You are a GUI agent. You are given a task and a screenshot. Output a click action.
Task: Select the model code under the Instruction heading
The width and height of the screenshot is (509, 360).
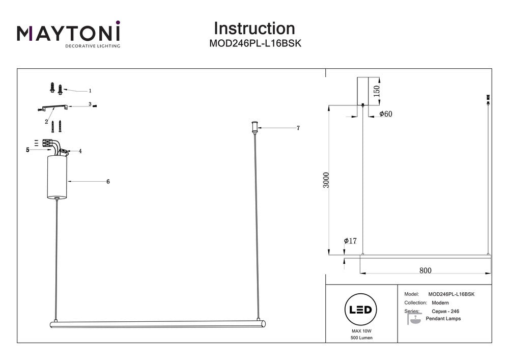click(256, 44)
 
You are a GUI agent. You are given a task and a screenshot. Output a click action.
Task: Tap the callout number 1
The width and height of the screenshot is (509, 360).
click(90, 91)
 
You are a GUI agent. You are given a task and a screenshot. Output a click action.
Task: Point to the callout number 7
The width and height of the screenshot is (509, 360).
click(298, 128)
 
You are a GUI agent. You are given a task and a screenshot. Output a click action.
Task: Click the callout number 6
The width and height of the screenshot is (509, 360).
click(108, 181)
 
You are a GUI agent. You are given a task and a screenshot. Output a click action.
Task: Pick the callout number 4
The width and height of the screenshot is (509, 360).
click(80, 151)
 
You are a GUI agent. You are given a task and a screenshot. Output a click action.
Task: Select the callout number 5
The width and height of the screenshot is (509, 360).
click(28, 150)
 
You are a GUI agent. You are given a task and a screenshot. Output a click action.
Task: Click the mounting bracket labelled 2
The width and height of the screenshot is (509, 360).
click(53, 107)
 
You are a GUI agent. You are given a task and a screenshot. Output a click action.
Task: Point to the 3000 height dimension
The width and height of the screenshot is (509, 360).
click(327, 180)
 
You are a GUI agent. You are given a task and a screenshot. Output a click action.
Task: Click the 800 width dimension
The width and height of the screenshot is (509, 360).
click(426, 270)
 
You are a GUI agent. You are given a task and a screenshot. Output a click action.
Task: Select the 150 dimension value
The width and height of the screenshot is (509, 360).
click(377, 91)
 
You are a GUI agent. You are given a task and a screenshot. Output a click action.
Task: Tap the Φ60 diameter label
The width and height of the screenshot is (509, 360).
click(386, 114)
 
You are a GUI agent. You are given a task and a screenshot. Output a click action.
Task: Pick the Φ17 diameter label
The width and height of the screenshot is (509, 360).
click(350, 240)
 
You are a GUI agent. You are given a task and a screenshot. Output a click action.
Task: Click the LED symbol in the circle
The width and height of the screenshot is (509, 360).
click(361, 310)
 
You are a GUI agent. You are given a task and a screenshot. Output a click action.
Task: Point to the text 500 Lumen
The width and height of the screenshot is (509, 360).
click(361, 338)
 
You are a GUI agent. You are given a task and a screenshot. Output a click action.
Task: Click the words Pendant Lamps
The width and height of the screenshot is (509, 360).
click(446, 319)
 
